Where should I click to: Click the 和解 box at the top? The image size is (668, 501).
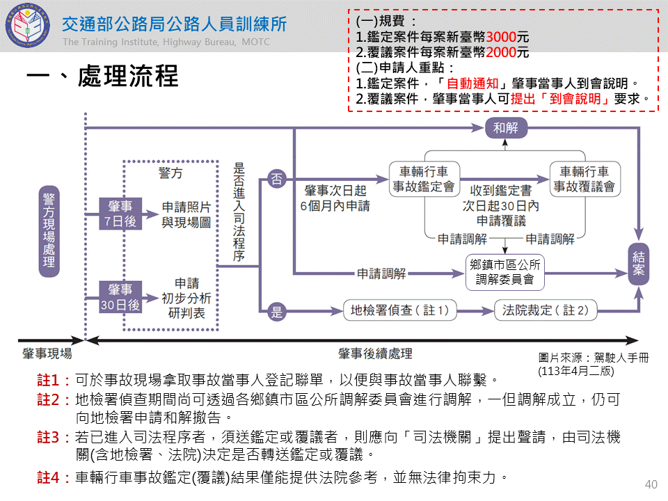tap(506, 128)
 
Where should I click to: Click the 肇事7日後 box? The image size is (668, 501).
tap(120, 213)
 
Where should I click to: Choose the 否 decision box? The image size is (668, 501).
tap(277, 179)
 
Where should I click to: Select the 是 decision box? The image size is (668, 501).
tap(277, 311)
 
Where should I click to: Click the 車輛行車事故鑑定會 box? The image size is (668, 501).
tap(424, 180)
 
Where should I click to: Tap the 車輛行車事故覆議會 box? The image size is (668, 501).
tap(584, 180)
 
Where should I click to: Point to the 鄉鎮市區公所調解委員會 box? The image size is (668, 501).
tap(504, 272)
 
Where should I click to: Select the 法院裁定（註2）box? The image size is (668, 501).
tap(546, 310)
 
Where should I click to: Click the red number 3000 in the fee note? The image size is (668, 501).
tap(501, 38)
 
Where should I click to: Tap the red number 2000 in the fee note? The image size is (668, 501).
tap(501, 53)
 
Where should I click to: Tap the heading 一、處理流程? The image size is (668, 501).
tap(102, 77)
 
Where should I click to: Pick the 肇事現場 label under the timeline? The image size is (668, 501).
tap(47, 354)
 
